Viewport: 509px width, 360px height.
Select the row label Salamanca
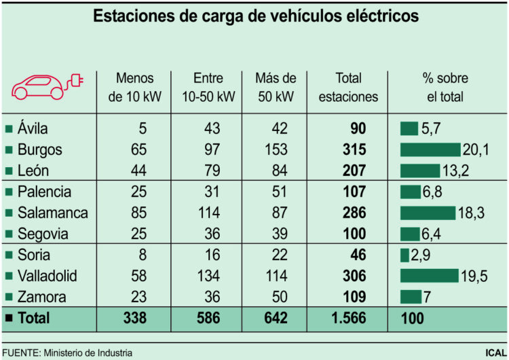pos(53,213)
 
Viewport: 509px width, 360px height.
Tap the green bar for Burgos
pos(430,149)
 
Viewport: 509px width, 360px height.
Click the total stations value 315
pos(354,149)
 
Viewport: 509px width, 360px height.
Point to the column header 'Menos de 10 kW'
pos(135,87)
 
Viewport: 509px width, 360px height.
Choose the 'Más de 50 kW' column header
pos(276,87)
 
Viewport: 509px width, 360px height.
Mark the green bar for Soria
pos(404,255)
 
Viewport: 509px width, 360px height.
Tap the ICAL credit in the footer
pos(494,353)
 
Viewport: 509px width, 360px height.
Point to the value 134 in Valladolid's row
pos(208,276)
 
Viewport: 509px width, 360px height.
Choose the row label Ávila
pos(33,128)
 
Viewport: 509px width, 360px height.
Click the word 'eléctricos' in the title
pos(375,16)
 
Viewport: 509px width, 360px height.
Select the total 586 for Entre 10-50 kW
pos(208,318)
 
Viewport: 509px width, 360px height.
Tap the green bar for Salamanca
pos(428,213)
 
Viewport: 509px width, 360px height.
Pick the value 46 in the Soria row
pos(358,255)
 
